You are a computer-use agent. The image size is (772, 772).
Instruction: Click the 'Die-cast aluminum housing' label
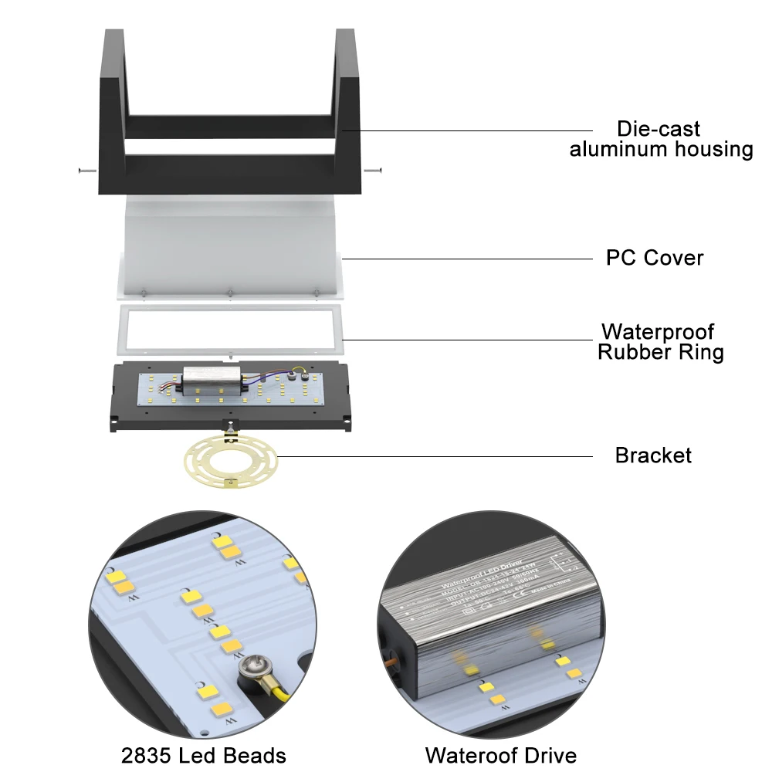[661, 139]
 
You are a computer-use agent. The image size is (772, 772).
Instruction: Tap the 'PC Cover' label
[655, 257]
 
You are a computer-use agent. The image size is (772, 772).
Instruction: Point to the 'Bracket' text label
[653, 455]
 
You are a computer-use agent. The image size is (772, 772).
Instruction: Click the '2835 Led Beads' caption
[204, 755]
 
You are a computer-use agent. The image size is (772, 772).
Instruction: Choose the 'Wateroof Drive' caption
[501, 755]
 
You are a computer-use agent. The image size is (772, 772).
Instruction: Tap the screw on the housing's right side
[376, 170]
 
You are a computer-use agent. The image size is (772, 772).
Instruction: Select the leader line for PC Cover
[463, 257]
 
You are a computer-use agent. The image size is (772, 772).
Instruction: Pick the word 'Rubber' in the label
[632, 353]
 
